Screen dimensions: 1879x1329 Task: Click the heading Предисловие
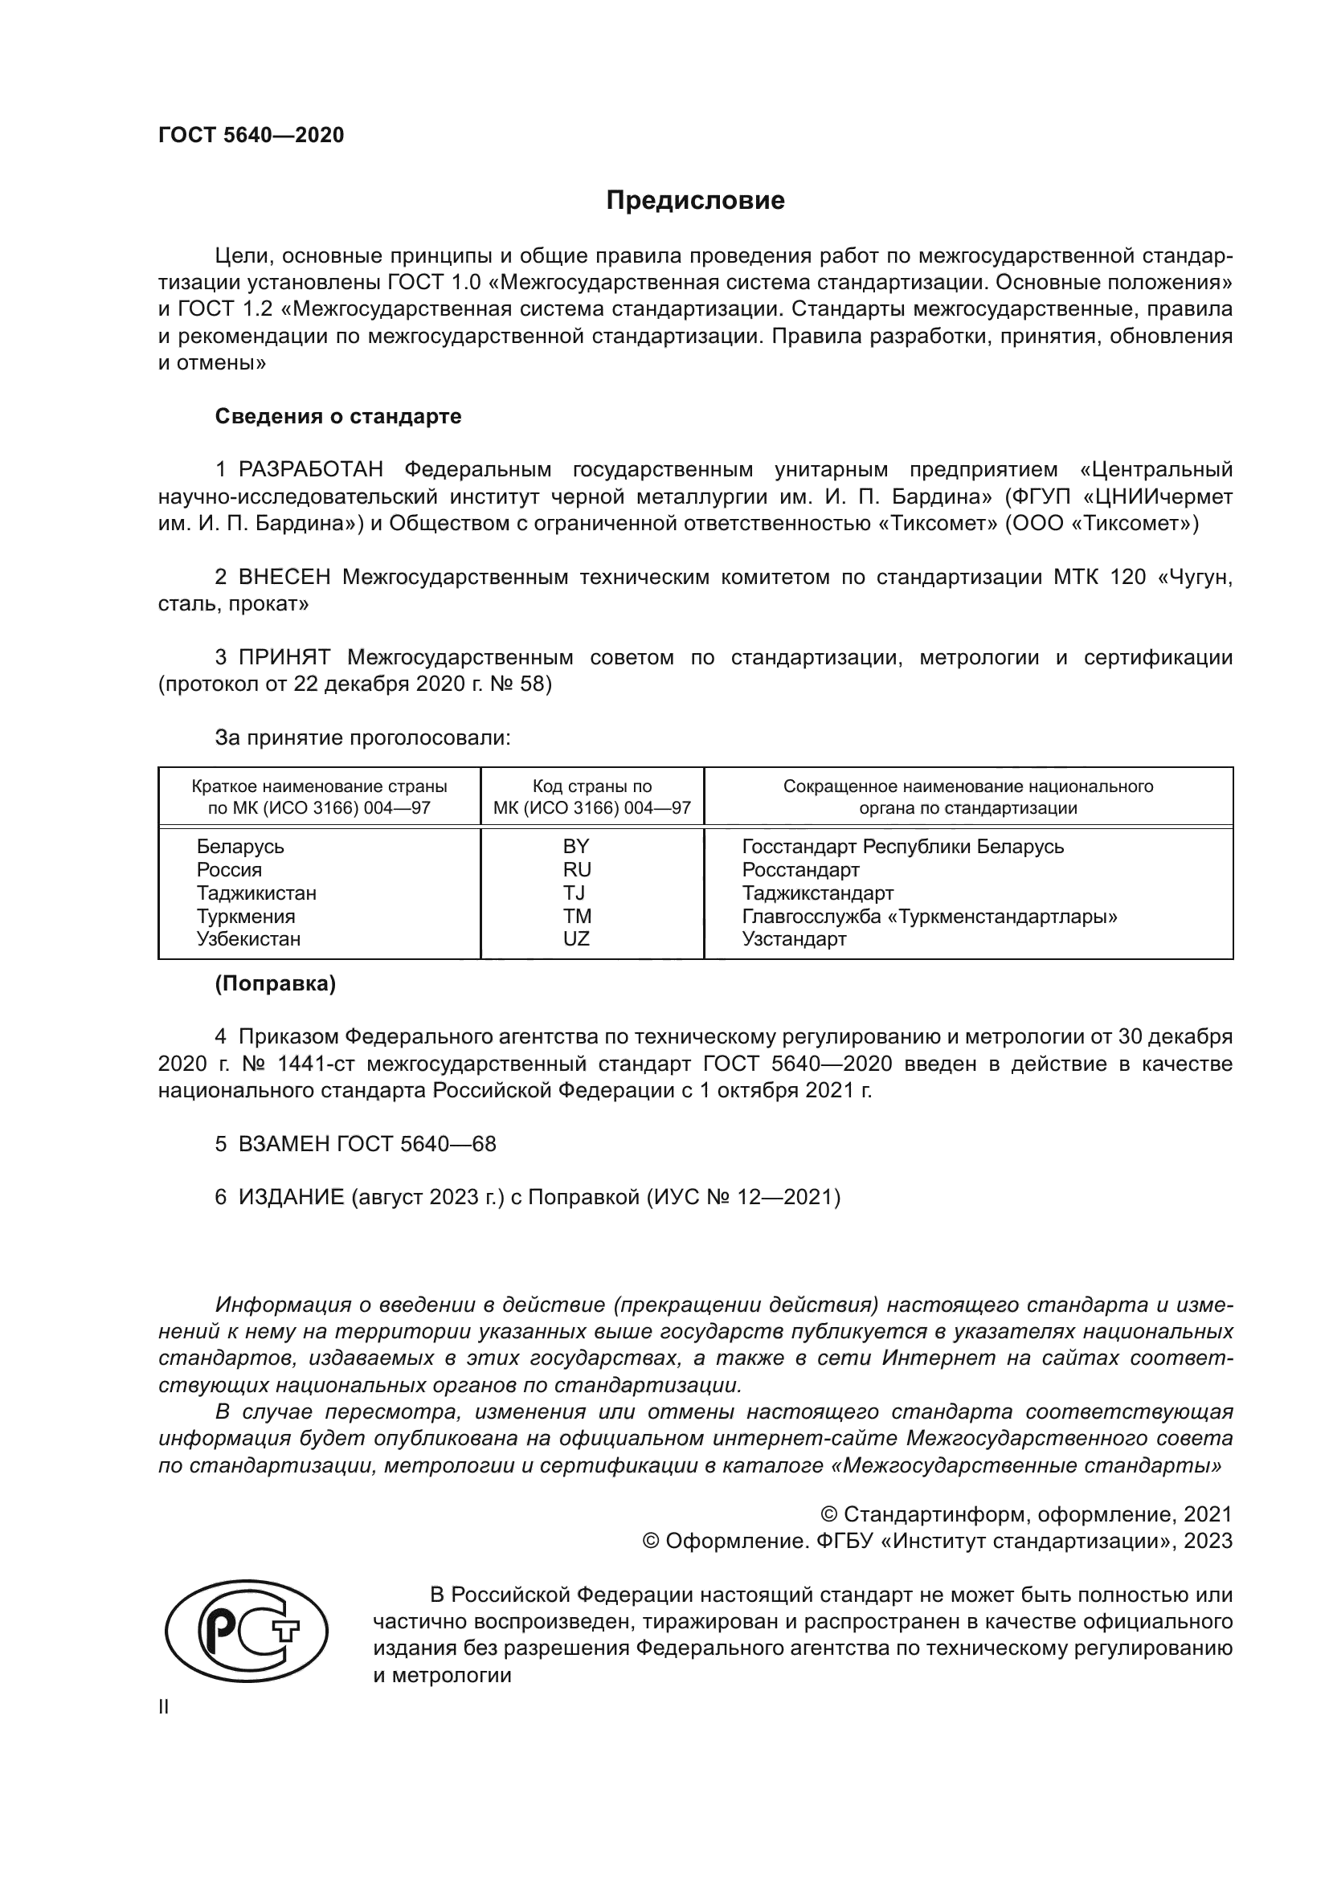[x=695, y=201]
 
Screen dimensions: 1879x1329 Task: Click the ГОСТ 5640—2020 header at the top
[x=251, y=135]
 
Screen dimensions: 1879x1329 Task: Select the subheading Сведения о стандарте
[x=338, y=417]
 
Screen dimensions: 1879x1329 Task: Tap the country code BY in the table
[x=576, y=846]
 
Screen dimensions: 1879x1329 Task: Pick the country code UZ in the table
[x=576, y=938]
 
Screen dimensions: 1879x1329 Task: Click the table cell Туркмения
[x=246, y=916]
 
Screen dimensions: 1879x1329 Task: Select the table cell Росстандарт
[x=800, y=869]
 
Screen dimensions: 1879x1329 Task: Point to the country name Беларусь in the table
[x=239, y=846]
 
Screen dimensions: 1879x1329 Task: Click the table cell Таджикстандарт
[x=817, y=893]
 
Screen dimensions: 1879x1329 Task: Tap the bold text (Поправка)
[x=275, y=984]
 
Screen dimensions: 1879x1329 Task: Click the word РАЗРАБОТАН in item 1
[x=311, y=470]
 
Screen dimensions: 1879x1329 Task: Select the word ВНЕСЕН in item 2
[x=284, y=578]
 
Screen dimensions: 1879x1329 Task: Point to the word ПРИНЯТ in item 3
[x=284, y=658]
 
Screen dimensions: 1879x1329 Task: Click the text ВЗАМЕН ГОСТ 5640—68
[x=366, y=1144]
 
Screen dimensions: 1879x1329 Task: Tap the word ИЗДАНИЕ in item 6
[x=292, y=1197]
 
